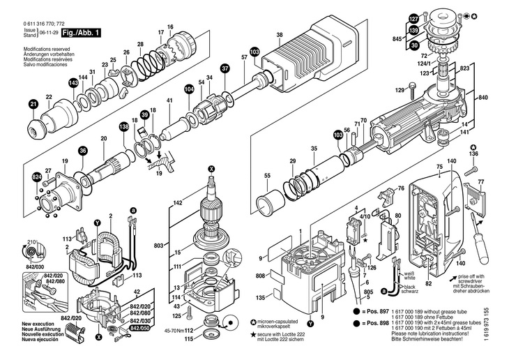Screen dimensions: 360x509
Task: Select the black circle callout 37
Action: (225, 69)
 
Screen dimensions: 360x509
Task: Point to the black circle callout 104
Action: (189, 89)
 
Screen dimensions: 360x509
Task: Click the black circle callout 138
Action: (124, 126)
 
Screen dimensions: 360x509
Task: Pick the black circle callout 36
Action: (83, 150)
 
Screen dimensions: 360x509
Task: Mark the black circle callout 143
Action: (73, 83)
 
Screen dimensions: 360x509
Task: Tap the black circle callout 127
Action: (413, 18)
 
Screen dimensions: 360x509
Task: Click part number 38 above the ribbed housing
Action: (280, 35)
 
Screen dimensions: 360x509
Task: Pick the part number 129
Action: (400, 90)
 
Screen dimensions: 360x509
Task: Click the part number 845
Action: (397, 40)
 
